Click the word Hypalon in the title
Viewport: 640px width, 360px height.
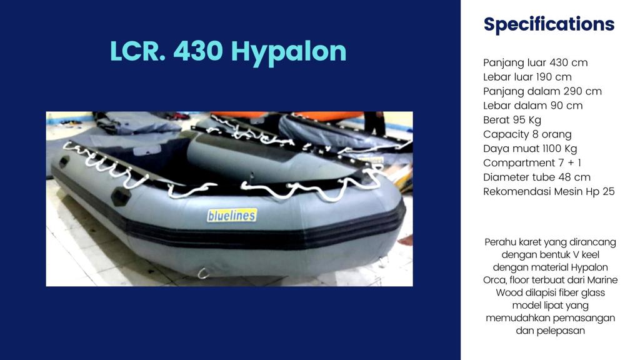(x=289, y=52)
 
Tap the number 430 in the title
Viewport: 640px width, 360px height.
(x=198, y=51)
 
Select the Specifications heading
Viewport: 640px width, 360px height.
(x=549, y=24)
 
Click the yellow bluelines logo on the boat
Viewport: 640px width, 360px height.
(x=232, y=215)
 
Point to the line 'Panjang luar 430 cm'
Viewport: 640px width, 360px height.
(x=535, y=63)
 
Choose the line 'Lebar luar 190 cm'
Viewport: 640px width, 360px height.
(x=527, y=77)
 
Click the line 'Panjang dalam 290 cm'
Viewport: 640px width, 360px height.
(x=542, y=91)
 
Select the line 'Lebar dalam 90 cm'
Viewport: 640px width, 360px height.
(x=532, y=105)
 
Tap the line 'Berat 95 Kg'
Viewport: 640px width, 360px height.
(x=512, y=120)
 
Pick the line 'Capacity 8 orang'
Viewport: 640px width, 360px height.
(x=527, y=134)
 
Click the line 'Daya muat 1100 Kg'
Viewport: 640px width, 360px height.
(x=530, y=149)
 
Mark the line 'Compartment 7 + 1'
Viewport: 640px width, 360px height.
(x=532, y=163)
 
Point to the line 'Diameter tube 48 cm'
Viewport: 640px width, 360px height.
(x=536, y=177)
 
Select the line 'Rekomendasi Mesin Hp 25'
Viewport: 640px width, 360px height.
(x=549, y=191)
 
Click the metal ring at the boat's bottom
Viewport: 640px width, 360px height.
(x=203, y=273)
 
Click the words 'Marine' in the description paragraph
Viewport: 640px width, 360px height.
(x=602, y=280)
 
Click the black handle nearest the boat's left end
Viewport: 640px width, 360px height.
(x=64, y=162)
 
